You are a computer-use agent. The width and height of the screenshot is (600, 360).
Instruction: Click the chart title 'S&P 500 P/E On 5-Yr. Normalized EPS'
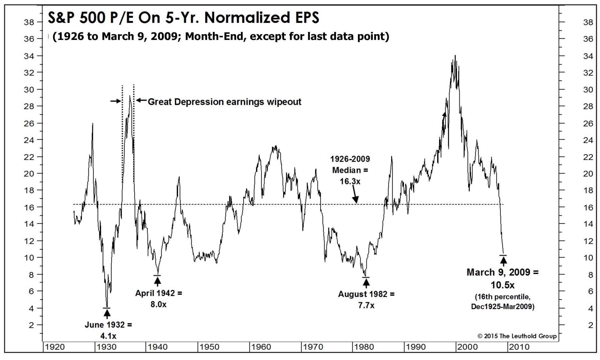pos(183,18)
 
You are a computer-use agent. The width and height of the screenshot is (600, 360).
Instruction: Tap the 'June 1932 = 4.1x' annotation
pos(108,330)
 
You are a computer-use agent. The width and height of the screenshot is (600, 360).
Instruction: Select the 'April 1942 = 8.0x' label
pos(158,298)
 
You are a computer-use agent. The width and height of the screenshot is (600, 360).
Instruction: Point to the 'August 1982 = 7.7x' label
pos(366,299)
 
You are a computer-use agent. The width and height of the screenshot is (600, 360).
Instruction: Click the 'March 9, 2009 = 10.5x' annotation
pos(503,278)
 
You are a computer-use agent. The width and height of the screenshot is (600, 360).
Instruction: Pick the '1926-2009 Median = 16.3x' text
pos(350,170)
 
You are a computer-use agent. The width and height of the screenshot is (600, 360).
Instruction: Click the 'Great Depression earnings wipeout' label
pos(224,102)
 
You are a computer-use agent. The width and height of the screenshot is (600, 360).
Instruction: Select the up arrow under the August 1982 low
pos(366,282)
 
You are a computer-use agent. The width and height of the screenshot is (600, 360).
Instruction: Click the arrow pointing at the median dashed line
pos(355,195)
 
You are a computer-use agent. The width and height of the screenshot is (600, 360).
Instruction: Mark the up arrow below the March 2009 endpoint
pos(503,261)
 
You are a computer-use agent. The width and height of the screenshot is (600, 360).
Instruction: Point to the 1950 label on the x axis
pos(209,347)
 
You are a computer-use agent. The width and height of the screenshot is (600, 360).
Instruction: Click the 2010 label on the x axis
pos(519,347)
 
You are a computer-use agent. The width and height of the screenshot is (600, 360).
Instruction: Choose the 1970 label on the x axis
pos(313,347)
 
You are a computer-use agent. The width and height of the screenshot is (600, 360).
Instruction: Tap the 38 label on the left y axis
pos(29,22)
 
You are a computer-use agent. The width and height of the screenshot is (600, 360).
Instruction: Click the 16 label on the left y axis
pos(29,207)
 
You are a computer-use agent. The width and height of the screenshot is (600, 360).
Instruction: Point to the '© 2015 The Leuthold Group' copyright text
pos(517,336)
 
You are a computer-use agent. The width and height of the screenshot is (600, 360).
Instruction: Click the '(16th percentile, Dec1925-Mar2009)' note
pos(503,302)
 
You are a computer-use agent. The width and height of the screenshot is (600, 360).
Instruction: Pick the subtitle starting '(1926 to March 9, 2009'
pos(220,36)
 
